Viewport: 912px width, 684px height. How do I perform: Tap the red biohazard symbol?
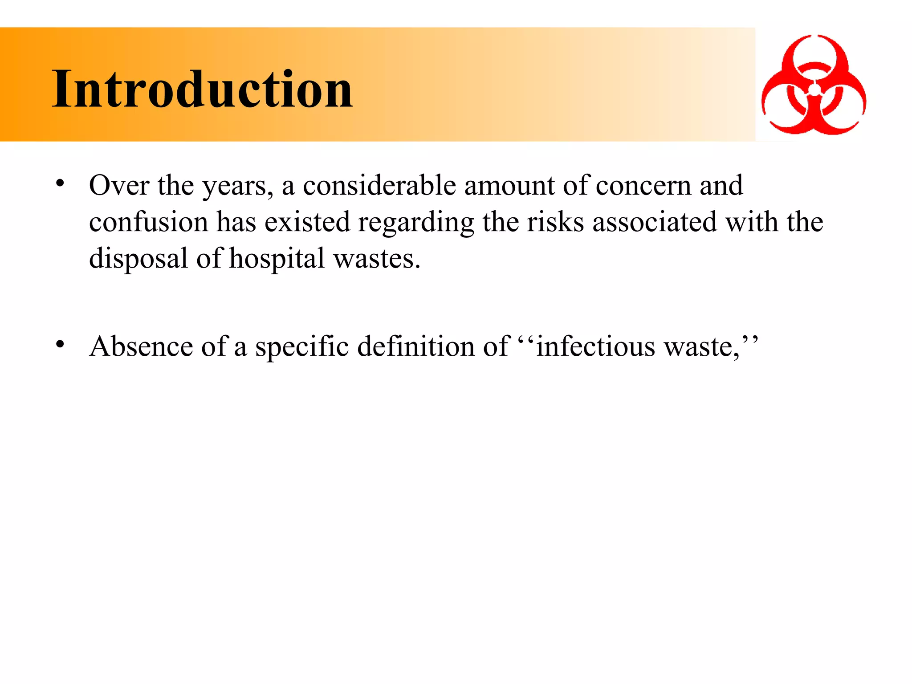coord(814,85)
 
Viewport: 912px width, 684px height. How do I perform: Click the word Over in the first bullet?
coord(119,185)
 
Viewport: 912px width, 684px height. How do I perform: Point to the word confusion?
coord(148,222)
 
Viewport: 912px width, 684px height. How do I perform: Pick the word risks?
coord(555,222)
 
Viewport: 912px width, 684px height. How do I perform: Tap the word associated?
coord(655,222)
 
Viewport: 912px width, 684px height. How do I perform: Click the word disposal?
coord(138,259)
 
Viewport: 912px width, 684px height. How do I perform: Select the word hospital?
coord(277,259)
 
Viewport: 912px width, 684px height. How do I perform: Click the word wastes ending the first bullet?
coord(377,259)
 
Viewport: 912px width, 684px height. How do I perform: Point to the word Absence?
coord(141,346)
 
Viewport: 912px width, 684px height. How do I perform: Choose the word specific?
coord(302,346)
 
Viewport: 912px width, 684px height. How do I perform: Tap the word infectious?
coord(595,346)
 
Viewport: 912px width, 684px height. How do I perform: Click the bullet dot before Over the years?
coord(60,183)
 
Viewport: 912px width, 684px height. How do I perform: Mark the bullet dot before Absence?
coord(60,344)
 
